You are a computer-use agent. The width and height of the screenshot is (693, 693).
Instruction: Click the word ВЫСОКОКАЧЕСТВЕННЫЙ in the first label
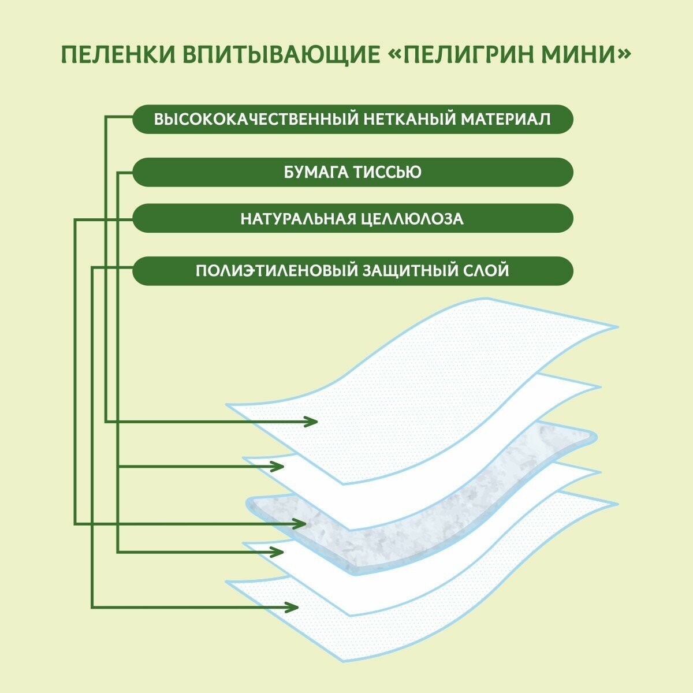coord(254,120)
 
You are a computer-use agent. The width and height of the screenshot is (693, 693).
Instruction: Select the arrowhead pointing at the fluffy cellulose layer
coord(300,524)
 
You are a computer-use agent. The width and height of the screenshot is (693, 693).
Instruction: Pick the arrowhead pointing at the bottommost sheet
coord(293,607)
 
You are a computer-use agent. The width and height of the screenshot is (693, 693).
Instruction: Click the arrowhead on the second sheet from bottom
coord(278,552)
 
